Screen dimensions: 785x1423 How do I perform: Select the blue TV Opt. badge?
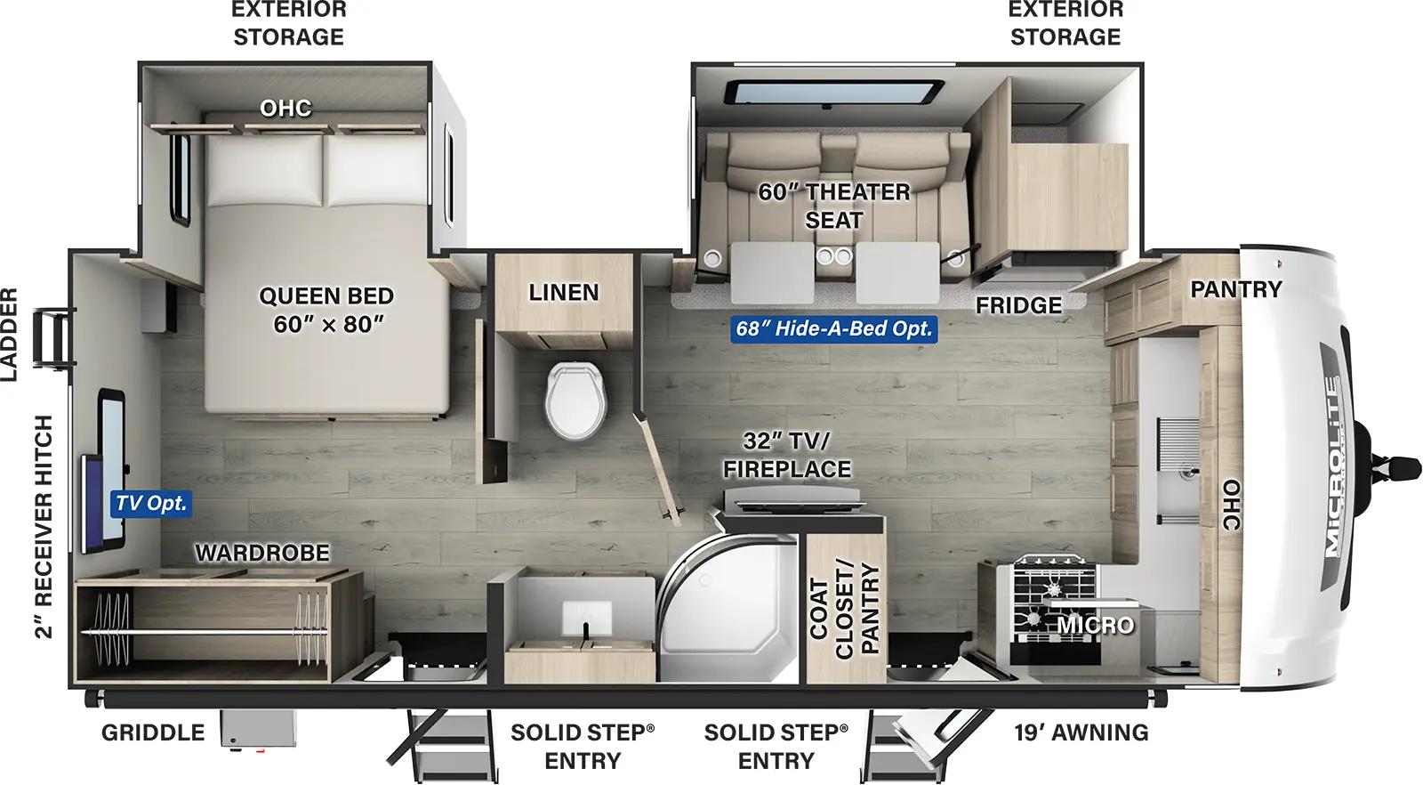(x=151, y=503)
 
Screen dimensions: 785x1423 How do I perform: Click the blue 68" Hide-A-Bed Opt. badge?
(x=833, y=328)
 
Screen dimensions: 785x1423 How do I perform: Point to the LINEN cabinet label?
(x=563, y=292)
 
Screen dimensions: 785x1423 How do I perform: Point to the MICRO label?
(x=1096, y=626)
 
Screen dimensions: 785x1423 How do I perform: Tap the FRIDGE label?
(x=1018, y=305)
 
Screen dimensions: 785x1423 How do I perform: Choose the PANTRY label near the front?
(x=1235, y=289)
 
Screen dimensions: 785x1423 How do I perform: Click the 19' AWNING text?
(x=1081, y=732)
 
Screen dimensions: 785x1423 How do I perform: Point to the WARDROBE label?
(x=262, y=553)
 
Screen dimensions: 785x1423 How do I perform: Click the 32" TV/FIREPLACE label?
(x=786, y=455)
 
